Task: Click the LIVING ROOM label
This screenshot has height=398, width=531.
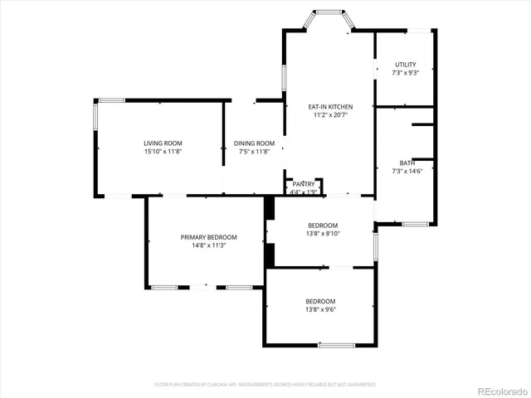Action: pos(162,143)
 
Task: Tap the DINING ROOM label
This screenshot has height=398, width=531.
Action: pos(253,143)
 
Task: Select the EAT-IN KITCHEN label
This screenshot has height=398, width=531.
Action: pos(330,107)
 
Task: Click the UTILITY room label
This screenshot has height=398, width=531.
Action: pos(405,64)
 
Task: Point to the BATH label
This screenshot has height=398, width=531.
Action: pos(407,163)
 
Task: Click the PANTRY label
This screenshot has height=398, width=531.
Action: pos(304,184)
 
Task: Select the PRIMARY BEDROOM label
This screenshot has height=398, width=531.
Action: pos(208,237)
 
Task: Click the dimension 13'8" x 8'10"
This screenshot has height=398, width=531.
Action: pos(323,234)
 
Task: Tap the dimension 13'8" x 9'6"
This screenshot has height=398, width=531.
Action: pos(320,309)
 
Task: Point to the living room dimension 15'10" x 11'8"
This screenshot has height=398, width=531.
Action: pos(162,152)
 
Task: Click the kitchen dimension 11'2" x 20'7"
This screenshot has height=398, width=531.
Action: pos(330,116)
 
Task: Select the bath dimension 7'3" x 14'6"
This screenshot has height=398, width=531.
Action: pos(407,171)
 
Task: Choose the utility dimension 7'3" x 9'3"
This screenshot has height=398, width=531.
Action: pos(405,73)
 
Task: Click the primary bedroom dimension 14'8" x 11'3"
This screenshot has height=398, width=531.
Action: pos(208,245)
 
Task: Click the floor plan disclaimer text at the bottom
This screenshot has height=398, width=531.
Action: pos(265,385)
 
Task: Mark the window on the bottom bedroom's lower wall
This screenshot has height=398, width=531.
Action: pos(337,345)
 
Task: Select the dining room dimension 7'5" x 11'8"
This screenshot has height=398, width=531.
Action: pos(253,152)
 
